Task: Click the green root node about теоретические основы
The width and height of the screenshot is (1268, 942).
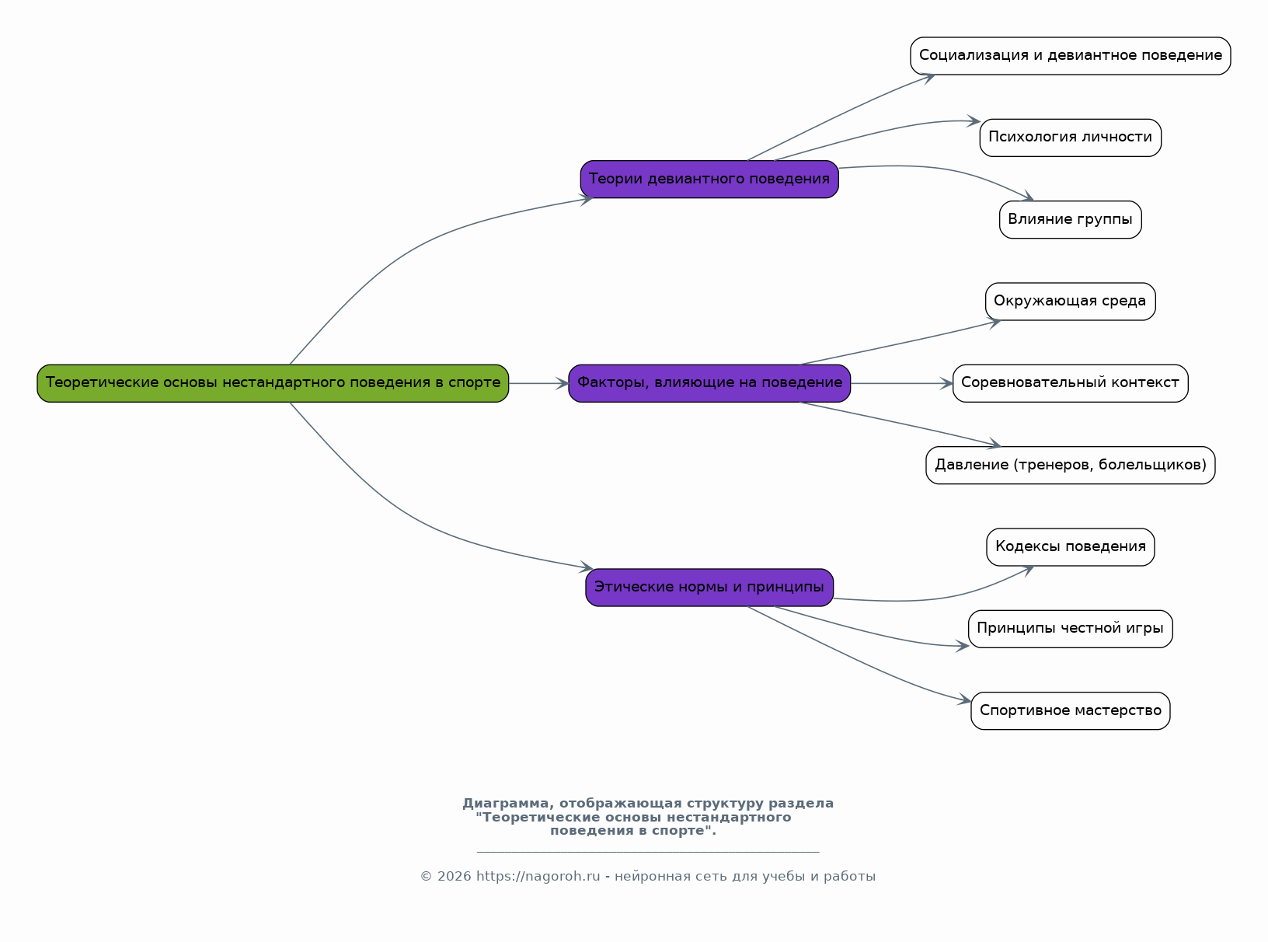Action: (x=273, y=383)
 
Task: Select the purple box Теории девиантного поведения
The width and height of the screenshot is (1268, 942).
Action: (x=709, y=180)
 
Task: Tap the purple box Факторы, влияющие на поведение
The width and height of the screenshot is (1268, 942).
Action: (x=709, y=383)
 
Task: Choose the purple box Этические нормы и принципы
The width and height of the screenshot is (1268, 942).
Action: (x=709, y=588)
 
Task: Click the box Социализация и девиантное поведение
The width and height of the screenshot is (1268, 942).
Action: (x=1070, y=56)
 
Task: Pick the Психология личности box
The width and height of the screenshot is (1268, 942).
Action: (x=1070, y=138)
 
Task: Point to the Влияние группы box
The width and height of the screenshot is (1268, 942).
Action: (x=1070, y=220)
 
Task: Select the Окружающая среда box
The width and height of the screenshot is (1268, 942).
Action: (x=1070, y=302)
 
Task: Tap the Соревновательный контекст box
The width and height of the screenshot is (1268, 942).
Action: (x=1070, y=383)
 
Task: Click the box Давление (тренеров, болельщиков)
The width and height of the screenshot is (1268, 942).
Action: (x=1070, y=466)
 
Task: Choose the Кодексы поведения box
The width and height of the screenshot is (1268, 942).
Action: (x=1070, y=547)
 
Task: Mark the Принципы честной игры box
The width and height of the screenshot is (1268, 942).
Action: (x=1070, y=629)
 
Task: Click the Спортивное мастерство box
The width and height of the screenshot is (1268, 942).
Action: (x=1070, y=711)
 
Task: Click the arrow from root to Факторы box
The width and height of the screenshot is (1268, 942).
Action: (x=538, y=383)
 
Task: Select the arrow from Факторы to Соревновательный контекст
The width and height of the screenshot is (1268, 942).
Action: (x=901, y=383)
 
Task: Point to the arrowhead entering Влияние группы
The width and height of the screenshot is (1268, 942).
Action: (x=1027, y=197)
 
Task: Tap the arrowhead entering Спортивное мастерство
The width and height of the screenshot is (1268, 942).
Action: (x=965, y=701)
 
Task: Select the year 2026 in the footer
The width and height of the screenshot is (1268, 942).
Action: (x=454, y=877)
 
